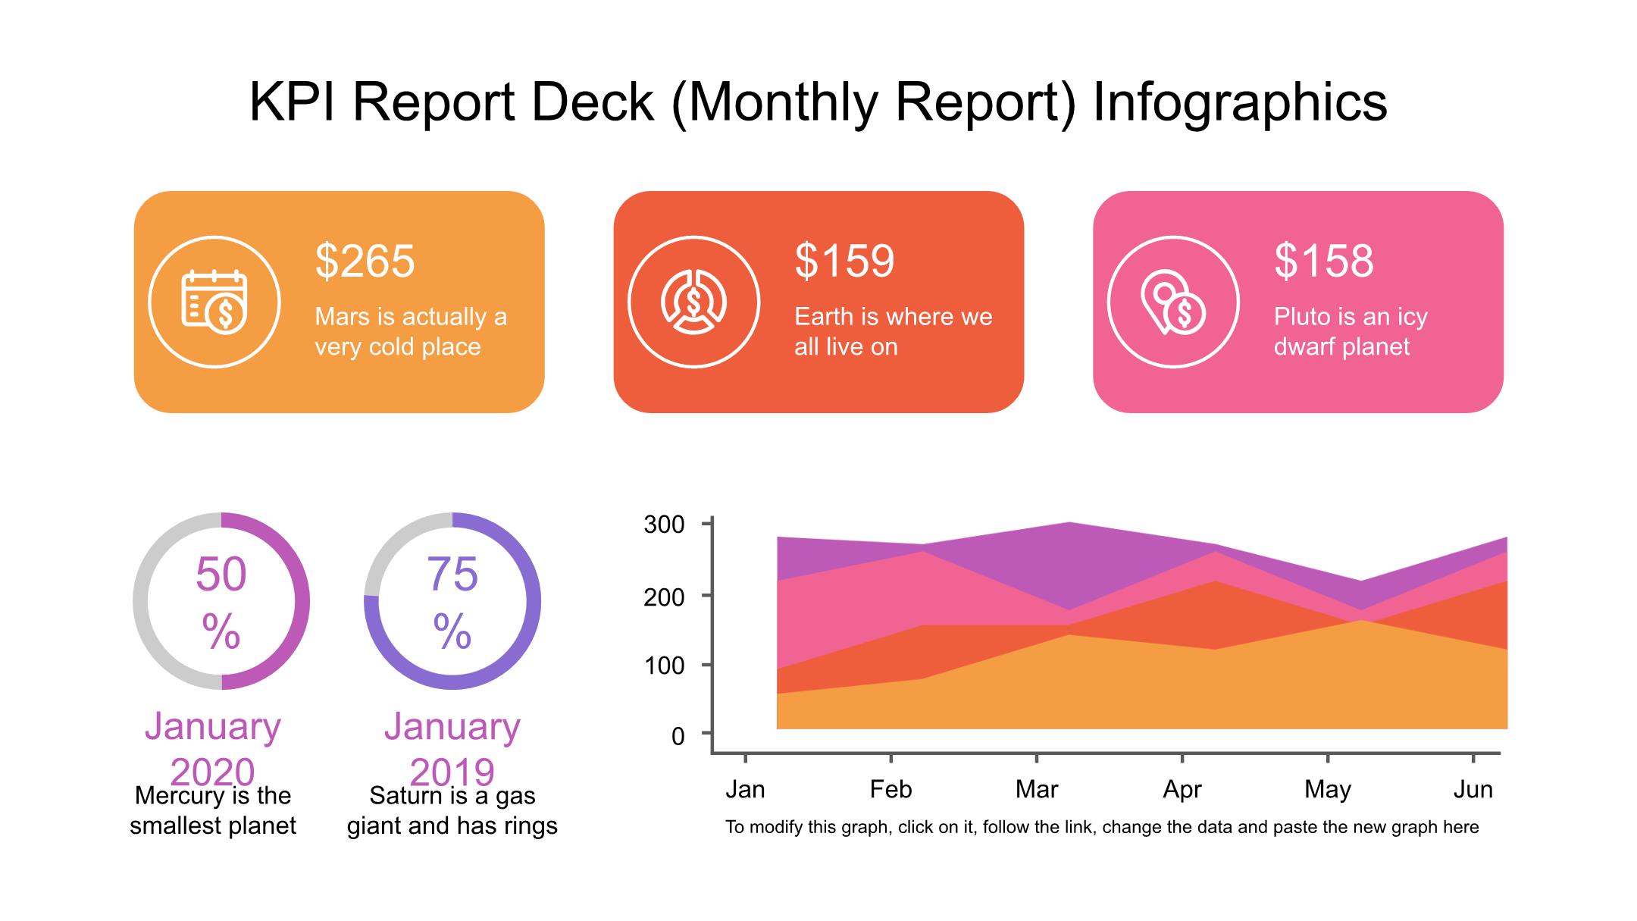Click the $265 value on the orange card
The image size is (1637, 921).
point(365,261)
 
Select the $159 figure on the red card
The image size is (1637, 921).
point(844,261)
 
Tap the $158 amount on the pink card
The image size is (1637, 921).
point(1323,261)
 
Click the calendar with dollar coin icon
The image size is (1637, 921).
point(214,302)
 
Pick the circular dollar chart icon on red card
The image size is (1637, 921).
point(693,302)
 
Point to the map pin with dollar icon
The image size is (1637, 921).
point(1172,302)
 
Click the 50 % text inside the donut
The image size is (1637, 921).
point(221,602)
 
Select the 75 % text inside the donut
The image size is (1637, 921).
point(452,602)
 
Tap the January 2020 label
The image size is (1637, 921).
point(213,749)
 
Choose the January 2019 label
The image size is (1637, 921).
point(452,749)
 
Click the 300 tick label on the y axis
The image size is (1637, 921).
point(664,525)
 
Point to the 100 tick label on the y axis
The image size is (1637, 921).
point(664,666)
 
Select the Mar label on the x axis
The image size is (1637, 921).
point(1036,790)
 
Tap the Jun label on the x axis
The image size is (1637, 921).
point(1473,790)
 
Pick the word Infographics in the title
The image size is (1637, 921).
point(1240,102)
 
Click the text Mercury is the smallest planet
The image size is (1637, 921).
point(213,811)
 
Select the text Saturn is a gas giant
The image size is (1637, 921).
point(452,811)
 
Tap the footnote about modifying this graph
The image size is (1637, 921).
point(1101,827)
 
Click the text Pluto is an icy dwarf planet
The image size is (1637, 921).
point(1351,331)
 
